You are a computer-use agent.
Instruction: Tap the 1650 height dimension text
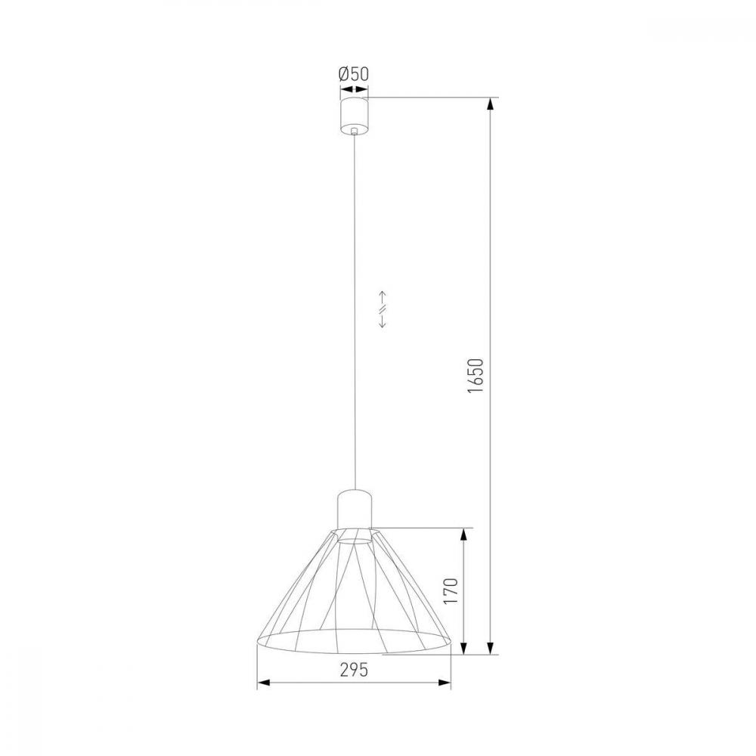click(x=476, y=376)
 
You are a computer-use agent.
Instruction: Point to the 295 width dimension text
click(x=354, y=670)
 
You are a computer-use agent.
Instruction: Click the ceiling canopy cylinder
click(x=355, y=116)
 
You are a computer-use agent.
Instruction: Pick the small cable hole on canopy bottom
click(x=355, y=130)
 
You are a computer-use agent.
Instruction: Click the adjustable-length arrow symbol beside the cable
click(x=382, y=309)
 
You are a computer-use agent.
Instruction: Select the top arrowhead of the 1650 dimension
click(x=491, y=104)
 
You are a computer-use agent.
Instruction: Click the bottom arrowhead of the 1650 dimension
click(x=491, y=648)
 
